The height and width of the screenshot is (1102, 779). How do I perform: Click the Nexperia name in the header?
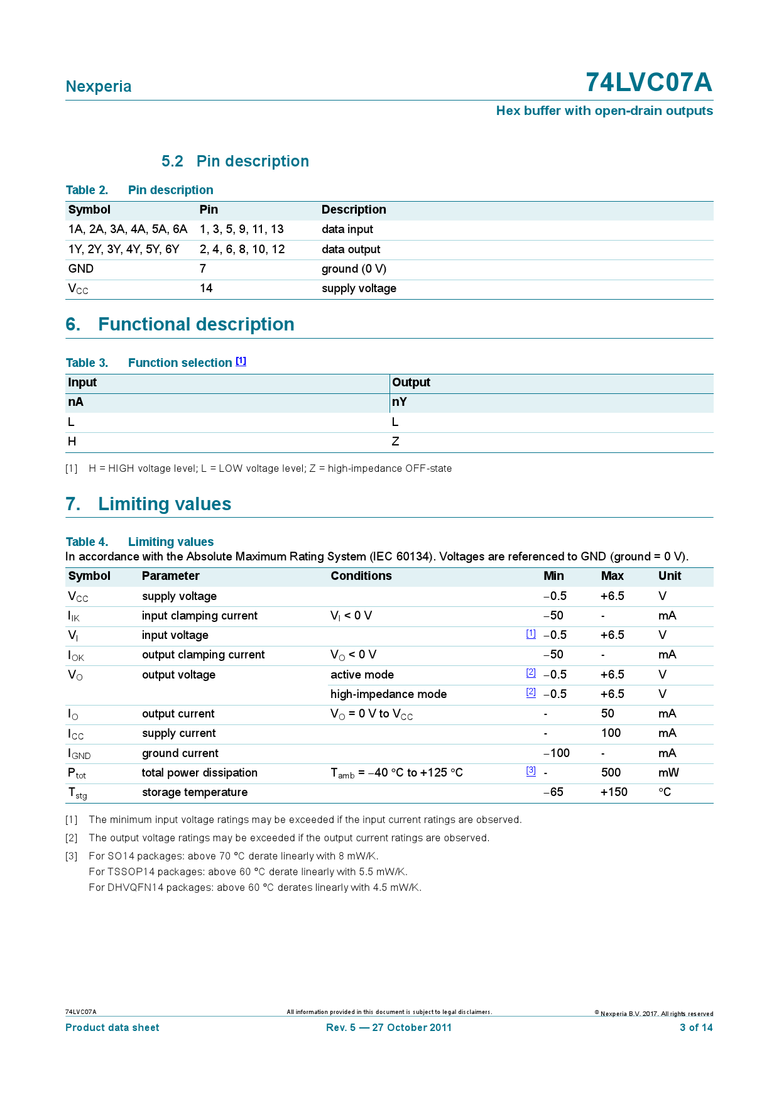(99, 87)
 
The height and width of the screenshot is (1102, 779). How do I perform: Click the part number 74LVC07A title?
(648, 83)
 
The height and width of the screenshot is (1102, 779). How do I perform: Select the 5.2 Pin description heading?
(235, 161)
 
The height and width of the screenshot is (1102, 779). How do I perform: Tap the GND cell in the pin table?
(81, 269)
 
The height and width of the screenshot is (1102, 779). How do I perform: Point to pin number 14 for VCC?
(206, 288)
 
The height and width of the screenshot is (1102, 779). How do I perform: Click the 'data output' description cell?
(351, 249)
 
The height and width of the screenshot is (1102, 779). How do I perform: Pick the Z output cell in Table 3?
(395, 442)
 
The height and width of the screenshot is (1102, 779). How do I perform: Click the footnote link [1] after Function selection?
(241, 361)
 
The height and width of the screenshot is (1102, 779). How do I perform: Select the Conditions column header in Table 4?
(361, 576)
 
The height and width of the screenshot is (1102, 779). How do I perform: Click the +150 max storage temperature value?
(613, 792)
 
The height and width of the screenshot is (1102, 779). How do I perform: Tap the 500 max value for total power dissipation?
(610, 773)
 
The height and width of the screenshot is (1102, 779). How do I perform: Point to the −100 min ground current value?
(556, 753)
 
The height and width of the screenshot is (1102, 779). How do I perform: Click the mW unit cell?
(668, 773)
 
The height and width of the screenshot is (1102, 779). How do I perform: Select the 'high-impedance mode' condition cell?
(388, 694)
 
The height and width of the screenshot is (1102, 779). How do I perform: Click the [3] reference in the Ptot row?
(531, 771)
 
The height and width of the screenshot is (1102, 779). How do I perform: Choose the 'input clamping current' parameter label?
(199, 616)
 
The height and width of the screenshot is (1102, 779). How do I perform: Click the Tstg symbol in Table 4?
(77, 793)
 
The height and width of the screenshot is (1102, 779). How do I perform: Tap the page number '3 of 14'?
(695, 1028)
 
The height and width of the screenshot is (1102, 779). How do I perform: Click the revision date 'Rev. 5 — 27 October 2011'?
(388, 1028)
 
